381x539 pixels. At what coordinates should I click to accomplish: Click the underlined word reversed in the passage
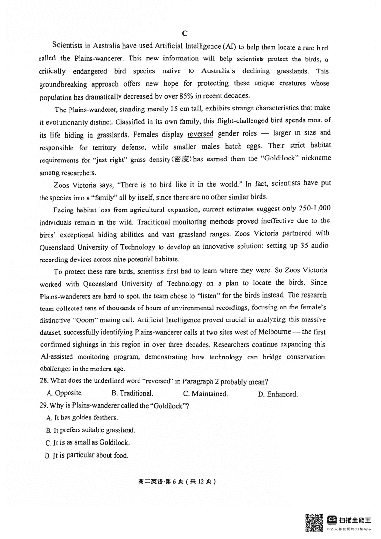(201, 133)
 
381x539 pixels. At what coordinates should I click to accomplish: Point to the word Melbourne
(278, 332)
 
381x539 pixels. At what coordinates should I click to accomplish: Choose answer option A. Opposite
(65, 393)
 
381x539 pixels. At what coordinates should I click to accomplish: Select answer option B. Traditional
(132, 393)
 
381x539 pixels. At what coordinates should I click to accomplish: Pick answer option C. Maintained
(205, 394)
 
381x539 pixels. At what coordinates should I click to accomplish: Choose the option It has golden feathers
(82, 418)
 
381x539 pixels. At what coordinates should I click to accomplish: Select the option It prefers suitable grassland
(90, 430)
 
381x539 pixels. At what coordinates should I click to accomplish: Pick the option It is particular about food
(87, 455)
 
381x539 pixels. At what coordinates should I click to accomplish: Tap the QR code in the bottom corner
(313, 522)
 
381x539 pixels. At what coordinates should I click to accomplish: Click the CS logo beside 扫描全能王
(331, 519)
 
